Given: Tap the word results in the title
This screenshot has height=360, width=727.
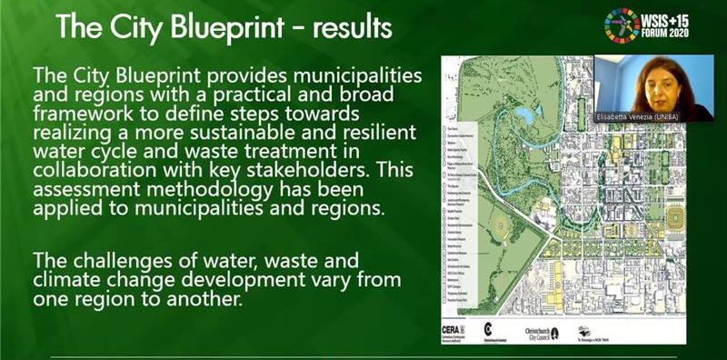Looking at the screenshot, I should coord(350,27).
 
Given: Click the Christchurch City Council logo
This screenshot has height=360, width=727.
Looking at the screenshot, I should coord(543,331).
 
